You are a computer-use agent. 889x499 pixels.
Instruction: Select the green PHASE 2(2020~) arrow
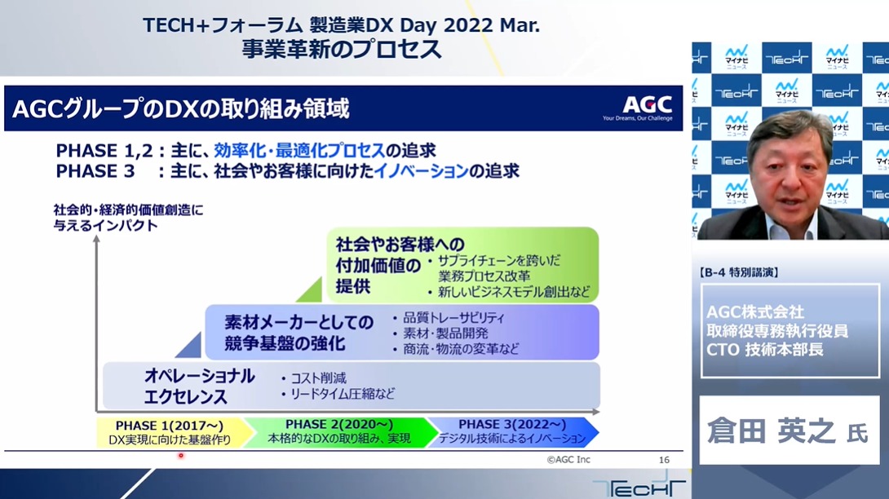(340, 432)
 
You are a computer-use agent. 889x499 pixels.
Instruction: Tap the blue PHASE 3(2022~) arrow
(513, 432)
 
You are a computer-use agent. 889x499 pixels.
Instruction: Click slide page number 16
(664, 460)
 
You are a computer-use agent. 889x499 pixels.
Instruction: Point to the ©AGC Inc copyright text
(568, 460)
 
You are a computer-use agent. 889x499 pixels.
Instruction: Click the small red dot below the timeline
(181, 455)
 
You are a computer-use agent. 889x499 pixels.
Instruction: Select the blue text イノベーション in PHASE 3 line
(421, 170)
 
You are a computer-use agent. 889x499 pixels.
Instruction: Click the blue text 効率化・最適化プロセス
(299, 150)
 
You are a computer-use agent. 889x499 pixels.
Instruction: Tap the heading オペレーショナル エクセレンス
(199, 386)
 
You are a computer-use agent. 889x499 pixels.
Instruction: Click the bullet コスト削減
(314, 378)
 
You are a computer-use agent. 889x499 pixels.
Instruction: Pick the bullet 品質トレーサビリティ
(449, 317)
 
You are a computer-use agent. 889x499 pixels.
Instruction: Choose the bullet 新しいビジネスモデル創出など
(509, 292)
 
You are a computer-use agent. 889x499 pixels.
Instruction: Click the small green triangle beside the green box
(312, 293)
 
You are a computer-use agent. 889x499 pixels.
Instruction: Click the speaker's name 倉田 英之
(771, 431)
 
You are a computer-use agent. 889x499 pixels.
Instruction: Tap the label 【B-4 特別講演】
(738, 273)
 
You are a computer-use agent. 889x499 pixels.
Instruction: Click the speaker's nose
(790, 183)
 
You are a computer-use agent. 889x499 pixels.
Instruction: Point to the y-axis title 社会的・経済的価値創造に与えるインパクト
(128, 218)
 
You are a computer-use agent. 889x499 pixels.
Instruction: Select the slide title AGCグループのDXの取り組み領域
(180, 108)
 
